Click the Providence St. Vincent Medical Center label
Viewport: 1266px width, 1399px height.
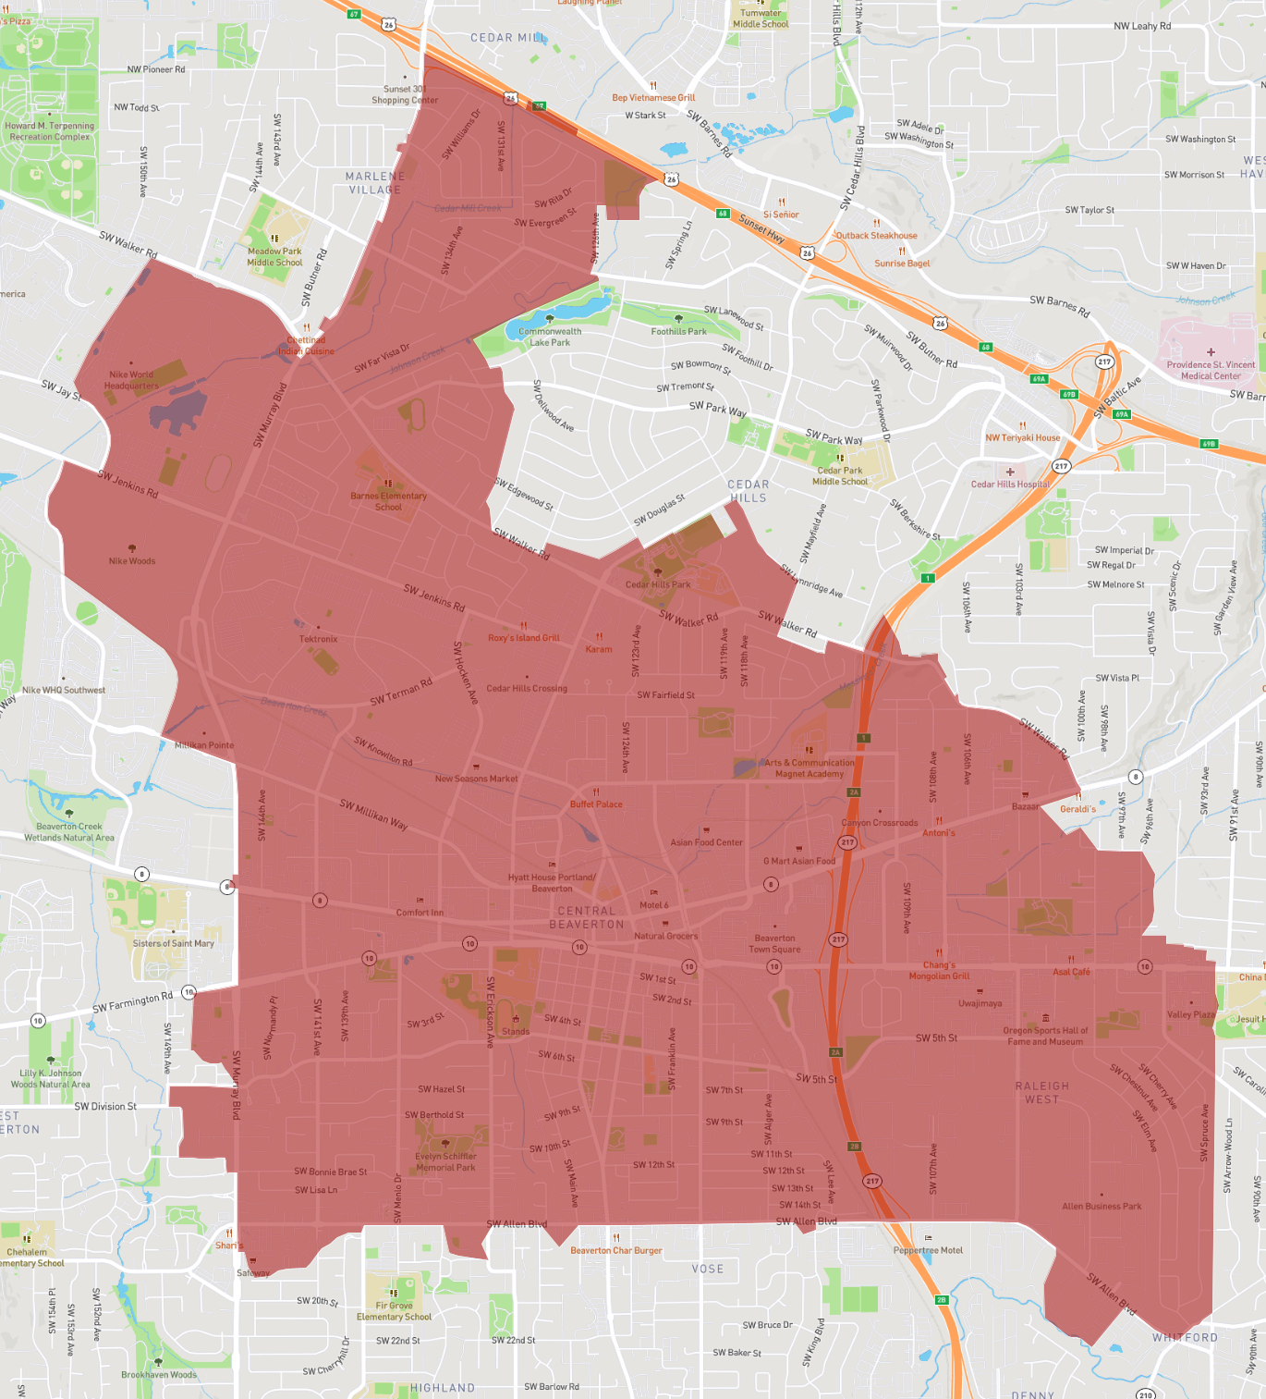1211,370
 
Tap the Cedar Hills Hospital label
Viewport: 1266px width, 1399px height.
1010,484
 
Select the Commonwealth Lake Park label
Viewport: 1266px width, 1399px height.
550,337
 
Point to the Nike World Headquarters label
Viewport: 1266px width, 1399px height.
131,380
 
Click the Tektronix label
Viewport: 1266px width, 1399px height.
318,639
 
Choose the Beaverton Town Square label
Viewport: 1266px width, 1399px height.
774,943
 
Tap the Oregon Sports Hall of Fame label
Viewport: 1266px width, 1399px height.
1045,1036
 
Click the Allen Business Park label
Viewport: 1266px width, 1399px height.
1102,1206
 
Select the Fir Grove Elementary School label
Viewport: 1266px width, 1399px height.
394,1311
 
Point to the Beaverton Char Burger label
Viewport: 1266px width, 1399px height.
616,1250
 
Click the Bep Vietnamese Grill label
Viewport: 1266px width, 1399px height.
653,97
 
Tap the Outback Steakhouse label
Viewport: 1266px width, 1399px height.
876,235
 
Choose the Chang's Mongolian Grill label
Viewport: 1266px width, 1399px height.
939,970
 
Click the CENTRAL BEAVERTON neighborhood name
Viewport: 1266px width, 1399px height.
587,917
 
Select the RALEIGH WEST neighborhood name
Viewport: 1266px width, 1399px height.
1041,1093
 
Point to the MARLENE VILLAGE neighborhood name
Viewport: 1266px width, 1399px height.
375,183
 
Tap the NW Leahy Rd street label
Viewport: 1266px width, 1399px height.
1142,26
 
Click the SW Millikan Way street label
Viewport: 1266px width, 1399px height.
373,815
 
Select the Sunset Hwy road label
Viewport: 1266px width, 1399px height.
761,227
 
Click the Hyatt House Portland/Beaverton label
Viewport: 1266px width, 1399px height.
552,883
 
